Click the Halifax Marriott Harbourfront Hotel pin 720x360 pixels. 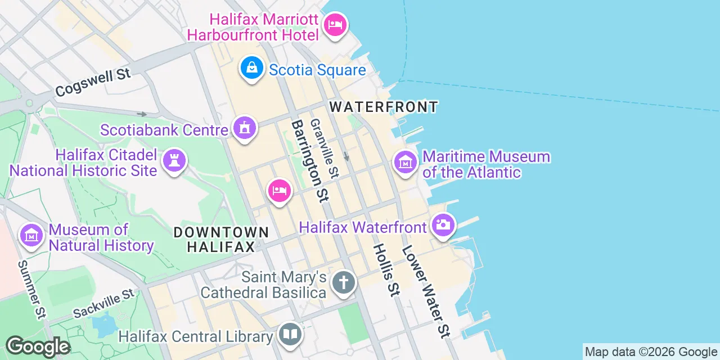335,25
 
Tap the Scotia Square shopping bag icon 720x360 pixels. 253,68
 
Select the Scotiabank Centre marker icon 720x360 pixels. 245,129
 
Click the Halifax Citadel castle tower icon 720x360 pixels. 174,161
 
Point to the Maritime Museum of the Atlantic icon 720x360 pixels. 406,163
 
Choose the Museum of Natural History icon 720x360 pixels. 31,236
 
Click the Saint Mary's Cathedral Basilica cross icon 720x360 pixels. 343,283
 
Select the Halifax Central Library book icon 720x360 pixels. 290,335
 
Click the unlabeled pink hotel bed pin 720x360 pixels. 279,191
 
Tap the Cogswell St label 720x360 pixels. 93,82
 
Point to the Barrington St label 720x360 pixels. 310,160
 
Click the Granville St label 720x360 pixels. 323,148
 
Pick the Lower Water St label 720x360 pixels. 426,291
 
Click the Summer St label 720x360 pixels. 31,289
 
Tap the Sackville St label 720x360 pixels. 104,303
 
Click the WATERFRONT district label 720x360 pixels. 384,106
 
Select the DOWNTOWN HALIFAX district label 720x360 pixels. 220,239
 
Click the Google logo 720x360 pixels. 38,346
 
